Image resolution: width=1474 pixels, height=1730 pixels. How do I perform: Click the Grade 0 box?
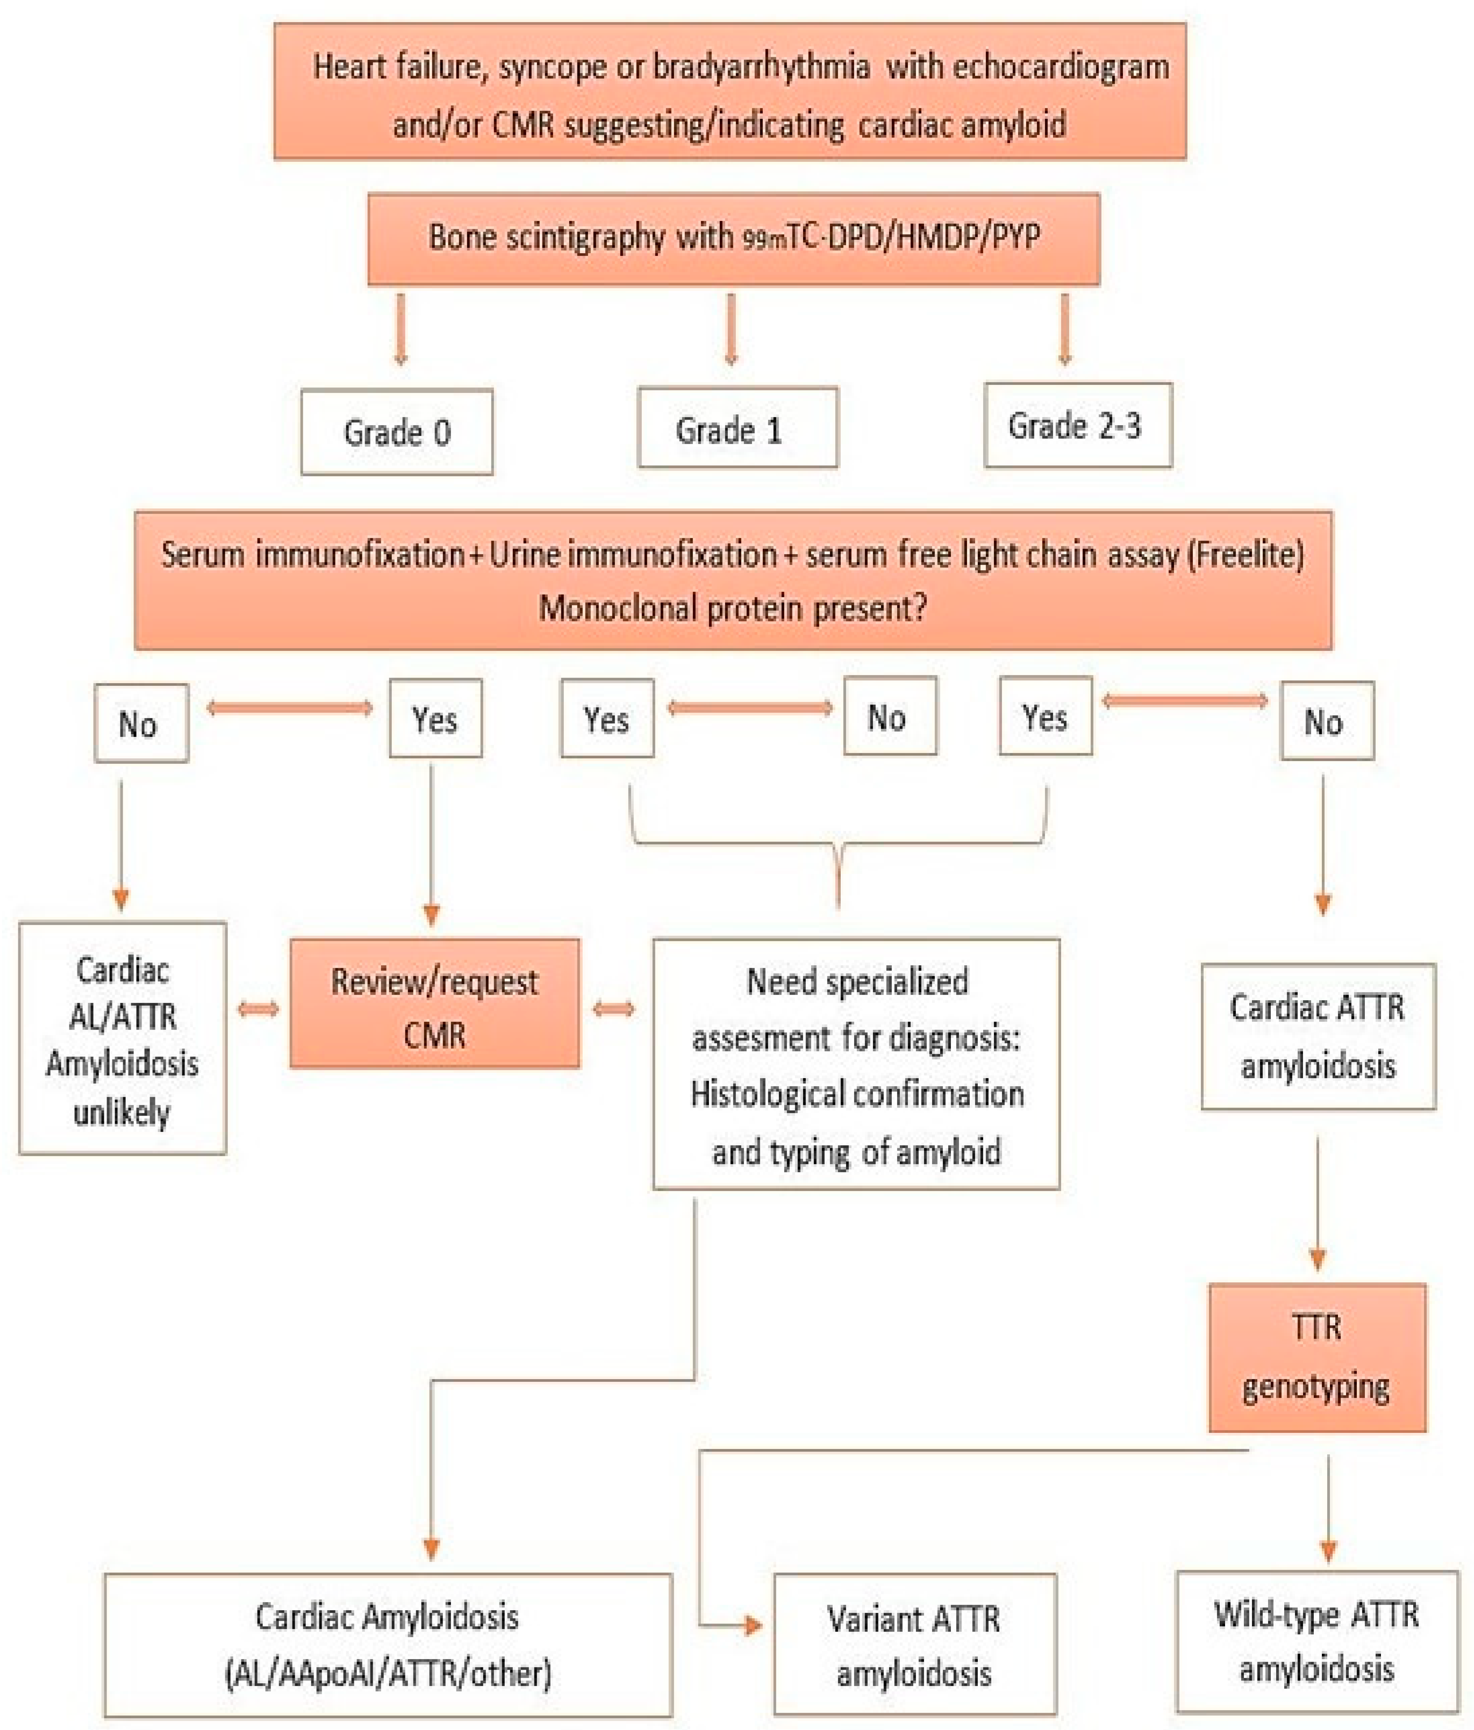tap(397, 432)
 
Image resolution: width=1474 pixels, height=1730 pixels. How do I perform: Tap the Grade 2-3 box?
tap(1077, 425)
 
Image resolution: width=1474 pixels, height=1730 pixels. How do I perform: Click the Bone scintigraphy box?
tap(733, 239)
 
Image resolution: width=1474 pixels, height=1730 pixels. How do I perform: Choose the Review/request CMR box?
tap(434, 1003)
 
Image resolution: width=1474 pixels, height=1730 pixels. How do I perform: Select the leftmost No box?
tap(140, 723)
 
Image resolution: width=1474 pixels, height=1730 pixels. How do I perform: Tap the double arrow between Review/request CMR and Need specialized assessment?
tap(614, 1009)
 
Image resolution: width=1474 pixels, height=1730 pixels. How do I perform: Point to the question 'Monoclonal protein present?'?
tap(732, 608)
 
